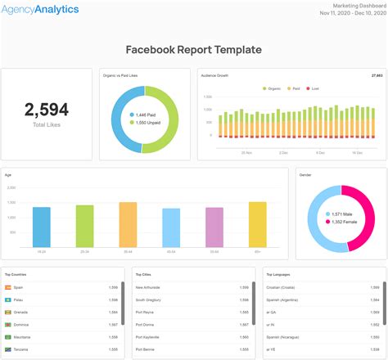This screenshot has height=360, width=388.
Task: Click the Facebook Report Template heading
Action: (x=193, y=50)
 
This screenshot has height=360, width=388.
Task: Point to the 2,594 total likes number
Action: (x=46, y=109)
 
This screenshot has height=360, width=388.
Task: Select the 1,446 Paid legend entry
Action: (x=146, y=115)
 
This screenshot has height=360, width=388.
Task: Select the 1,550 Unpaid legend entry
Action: (x=147, y=123)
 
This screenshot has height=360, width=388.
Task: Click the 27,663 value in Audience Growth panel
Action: (x=377, y=75)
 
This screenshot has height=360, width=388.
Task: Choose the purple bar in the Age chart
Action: (x=214, y=227)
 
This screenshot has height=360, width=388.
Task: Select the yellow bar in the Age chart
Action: (x=257, y=224)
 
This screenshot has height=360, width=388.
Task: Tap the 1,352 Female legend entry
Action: (x=342, y=221)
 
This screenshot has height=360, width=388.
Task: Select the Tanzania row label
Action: (x=22, y=349)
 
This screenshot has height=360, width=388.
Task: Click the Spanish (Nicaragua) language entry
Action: (x=286, y=337)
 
